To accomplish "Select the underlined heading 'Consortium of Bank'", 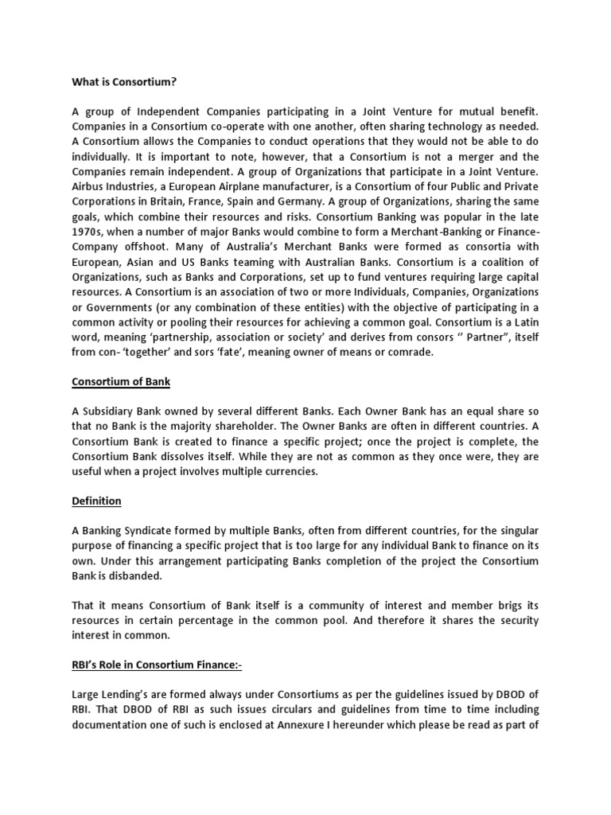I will click(x=121, y=381).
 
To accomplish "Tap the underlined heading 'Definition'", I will click(x=96, y=501).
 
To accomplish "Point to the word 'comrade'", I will click(x=407, y=353).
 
